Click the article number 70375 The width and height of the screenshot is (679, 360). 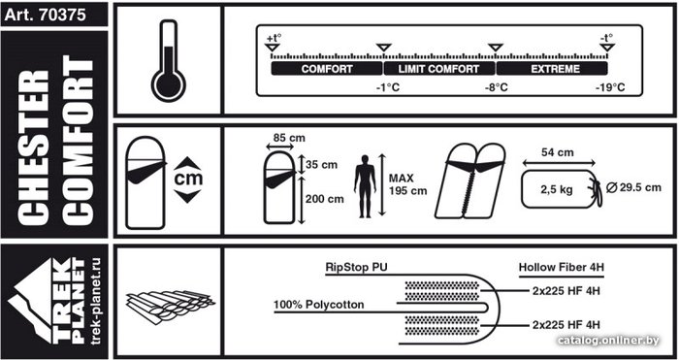(62, 16)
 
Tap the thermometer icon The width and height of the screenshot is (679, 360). (168, 61)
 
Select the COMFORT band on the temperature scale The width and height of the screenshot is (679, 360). (327, 69)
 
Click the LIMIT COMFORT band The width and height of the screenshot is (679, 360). (439, 69)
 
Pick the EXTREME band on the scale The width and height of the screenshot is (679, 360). (552, 69)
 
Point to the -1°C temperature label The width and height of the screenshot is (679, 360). (388, 87)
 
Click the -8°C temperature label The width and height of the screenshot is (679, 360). (497, 87)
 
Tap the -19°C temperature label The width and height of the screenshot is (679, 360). (610, 87)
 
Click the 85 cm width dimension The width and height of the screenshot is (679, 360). (289, 138)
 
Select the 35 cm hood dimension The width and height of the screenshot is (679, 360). (321, 165)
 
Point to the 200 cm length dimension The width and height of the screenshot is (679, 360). (325, 199)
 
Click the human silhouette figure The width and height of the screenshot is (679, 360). (365, 186)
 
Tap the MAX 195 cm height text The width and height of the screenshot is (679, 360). (407, 184)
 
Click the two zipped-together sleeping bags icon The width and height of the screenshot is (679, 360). (469, 180)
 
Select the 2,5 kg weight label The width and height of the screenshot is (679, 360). (557, 189)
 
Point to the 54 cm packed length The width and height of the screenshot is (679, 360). (558, 152)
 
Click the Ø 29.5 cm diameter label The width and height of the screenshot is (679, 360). (634, 187)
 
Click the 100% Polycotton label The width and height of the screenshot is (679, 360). (319, 305)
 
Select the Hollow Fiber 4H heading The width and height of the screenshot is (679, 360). (562, 267)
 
